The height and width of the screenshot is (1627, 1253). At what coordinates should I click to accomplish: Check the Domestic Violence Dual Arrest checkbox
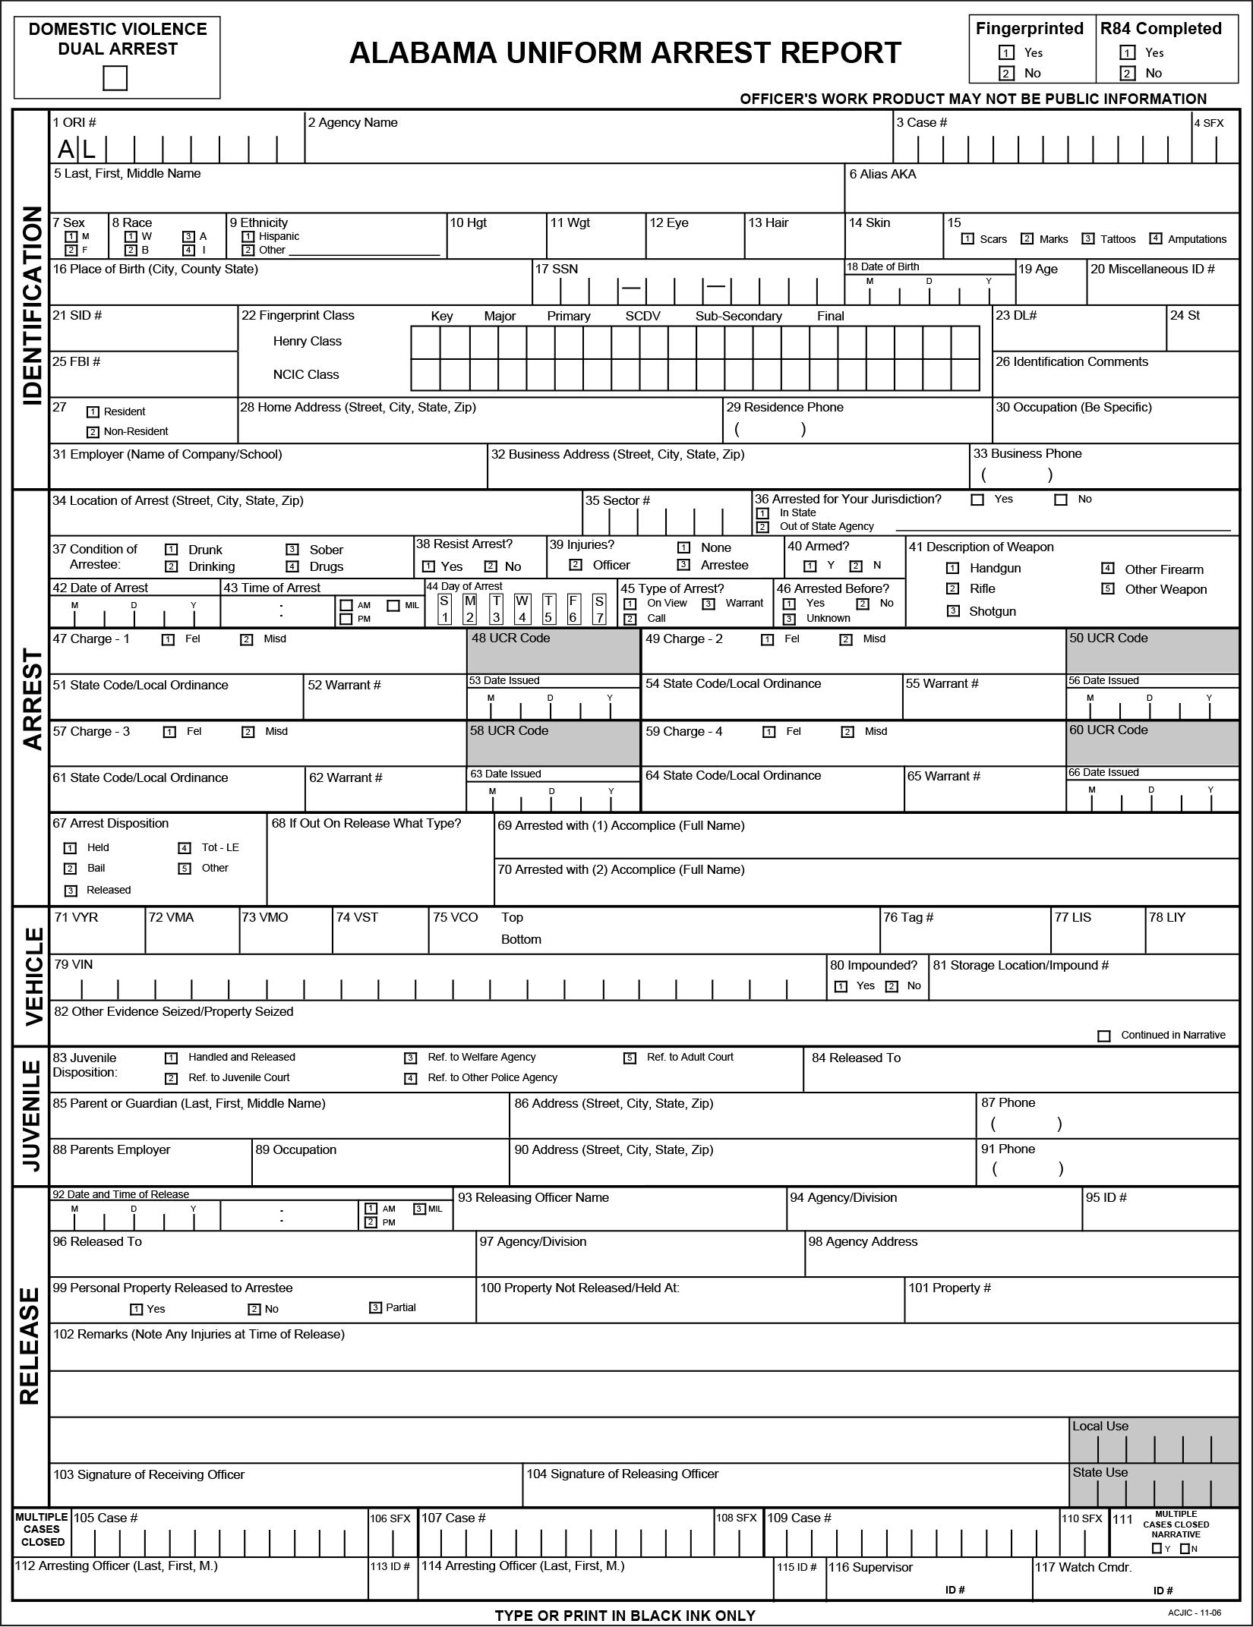click(x=115, y=78)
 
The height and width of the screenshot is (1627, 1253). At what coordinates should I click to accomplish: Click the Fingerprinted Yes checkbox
click(x=1006, y=53)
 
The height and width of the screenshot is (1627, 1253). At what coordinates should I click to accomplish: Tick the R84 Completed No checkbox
click(x=1128, y=74)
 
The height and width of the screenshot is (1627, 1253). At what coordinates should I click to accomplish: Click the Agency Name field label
click(x=352, y=123)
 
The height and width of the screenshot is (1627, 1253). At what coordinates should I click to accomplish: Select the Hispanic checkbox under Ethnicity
click(x=248, y=237)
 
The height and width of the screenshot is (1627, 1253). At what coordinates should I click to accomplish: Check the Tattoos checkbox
click(x=1088, y=239)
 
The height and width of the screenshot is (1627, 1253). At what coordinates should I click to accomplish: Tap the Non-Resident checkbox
click(x=93, y=432)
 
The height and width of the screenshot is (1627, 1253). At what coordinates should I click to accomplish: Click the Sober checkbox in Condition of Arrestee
click(x=292, y=550)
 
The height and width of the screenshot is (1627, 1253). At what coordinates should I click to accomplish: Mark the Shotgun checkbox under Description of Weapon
click(x=952, y=611)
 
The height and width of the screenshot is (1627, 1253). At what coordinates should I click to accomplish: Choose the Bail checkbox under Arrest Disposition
click(x=70, y=869)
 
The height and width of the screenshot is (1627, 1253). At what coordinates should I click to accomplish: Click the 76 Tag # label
click(x=908, y=918)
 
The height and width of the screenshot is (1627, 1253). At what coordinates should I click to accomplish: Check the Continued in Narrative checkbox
click(x=1104, y=1036)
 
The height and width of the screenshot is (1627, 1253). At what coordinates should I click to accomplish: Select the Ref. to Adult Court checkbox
click(x=630, y=1058)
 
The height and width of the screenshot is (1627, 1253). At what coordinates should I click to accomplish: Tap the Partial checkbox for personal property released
click(x=375, y=1307)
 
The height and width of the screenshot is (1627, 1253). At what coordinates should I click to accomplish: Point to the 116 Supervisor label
click(x=870, y=1567)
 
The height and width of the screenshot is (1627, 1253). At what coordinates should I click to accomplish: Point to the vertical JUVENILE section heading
click(x=31, y=1115)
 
